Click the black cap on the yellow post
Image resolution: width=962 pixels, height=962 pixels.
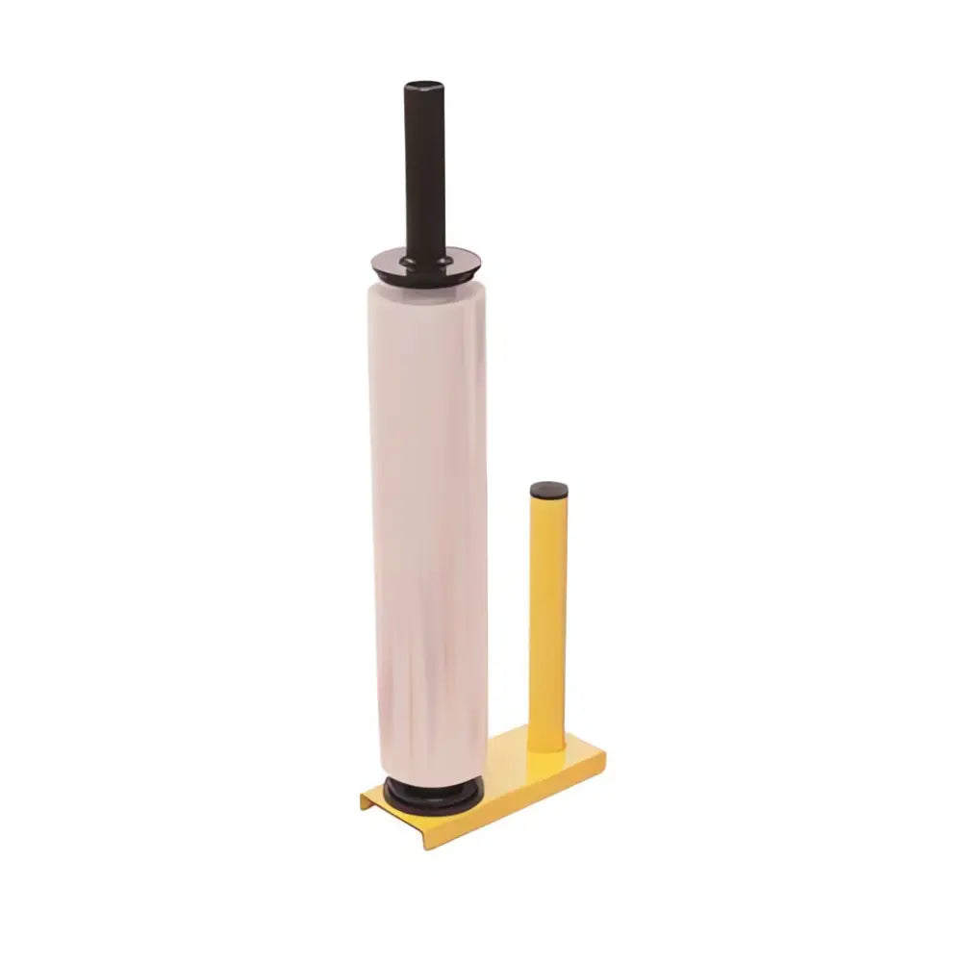[549, 490]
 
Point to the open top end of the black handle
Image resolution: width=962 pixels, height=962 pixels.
[424, 87]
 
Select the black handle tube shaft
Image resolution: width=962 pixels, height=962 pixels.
[424, 173]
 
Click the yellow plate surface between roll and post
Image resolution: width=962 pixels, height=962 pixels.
[510, 770]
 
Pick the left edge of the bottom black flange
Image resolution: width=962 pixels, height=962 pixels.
[386, 793]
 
